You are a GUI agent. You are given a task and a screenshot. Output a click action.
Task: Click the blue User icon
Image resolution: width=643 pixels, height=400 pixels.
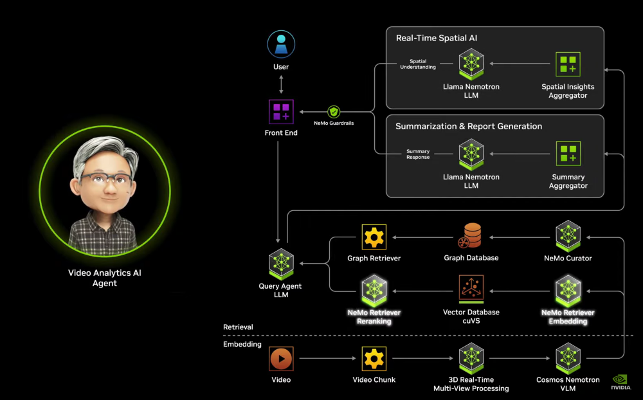click(x=281, y=44)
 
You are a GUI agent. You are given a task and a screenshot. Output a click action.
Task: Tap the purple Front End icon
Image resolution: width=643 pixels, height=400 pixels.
click(x=281, y=111)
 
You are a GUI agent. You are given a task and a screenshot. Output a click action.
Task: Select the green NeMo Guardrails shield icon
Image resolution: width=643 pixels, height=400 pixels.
click(x=334, y=111)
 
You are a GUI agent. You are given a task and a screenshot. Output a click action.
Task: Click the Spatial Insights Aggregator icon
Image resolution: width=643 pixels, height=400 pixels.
click(x=568, y=64)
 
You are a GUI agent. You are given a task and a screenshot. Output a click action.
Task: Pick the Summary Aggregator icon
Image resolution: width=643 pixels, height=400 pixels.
click(x=568, y=154)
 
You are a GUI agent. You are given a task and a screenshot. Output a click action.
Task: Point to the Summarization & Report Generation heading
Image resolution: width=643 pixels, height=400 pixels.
click(x=469, y=127)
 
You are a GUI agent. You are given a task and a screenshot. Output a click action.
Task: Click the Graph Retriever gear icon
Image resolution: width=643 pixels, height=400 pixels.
click(x=374, y=237)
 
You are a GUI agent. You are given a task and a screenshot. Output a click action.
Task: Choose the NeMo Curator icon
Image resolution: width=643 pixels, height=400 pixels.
click(x=568, y=236)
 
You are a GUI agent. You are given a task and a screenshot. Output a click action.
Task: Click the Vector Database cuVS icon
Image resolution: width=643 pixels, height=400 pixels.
click(x=471, y=289)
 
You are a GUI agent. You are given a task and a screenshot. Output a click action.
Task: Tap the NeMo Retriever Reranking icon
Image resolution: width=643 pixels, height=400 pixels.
click(x=374, y=290)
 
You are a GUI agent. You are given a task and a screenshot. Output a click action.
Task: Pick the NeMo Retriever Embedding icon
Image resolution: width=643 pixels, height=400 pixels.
click(x=568, y=290)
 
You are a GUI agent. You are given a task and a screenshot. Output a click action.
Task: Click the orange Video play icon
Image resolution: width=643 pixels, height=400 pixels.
click(x=281, y=358)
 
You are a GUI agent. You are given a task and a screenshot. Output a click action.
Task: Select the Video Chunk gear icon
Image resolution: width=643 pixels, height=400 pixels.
click(x=374, y=358)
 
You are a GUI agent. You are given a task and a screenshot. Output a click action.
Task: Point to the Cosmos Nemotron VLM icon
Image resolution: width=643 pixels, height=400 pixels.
click(x=568, y=358)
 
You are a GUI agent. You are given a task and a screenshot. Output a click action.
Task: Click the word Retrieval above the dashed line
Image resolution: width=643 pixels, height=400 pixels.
click(x=238, y=327)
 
